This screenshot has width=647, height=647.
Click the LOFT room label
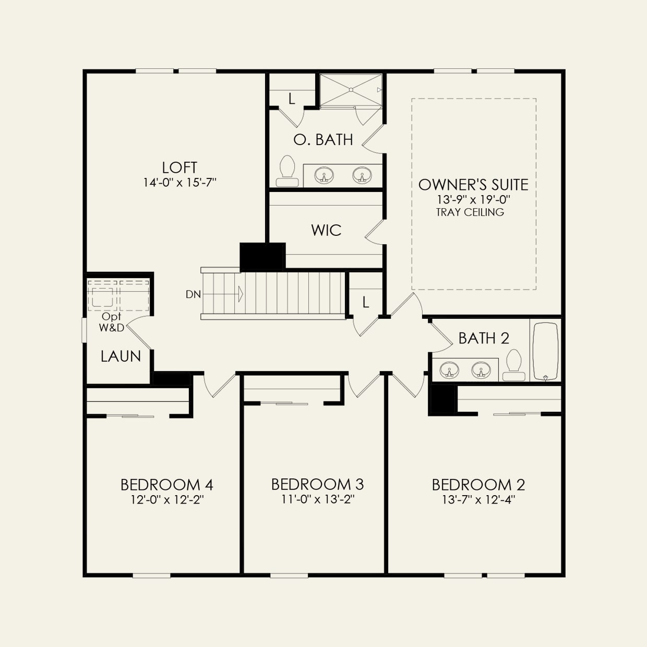pos(179,167)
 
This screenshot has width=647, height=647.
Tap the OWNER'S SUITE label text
pos(473,185)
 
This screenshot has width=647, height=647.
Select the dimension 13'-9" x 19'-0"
pos(473,199)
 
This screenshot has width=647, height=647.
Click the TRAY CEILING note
pos(470,212)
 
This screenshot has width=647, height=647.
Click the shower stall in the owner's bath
pos(351,90)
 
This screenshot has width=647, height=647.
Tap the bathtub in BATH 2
pos(545,351)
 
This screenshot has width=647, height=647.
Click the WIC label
pos(326,230)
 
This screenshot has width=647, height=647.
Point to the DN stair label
pos(193,294)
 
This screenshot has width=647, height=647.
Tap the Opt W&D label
pos(112,322)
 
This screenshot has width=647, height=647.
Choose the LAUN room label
pos(121,356)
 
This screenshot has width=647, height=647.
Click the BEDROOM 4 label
pos(166,485)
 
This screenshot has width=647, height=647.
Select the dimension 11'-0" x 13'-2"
pos(318,499)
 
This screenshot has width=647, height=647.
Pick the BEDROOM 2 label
pos(478,485)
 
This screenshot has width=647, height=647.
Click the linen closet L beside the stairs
pos(365,302)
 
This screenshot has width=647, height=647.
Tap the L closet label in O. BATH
pos(292,98)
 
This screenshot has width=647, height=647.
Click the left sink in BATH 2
pos(449,370)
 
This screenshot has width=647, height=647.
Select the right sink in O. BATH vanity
pos(362,175)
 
